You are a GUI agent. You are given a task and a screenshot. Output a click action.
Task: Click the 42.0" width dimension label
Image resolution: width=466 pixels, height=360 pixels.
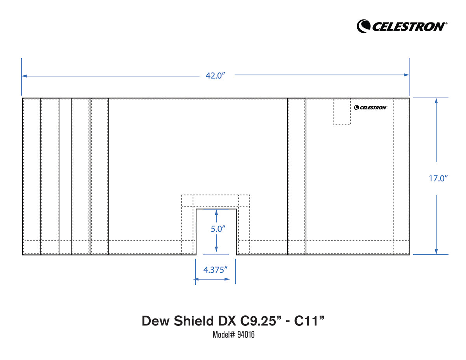click(215, 75)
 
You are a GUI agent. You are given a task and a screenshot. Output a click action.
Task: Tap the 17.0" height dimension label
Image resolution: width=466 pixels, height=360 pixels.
click(438, 179)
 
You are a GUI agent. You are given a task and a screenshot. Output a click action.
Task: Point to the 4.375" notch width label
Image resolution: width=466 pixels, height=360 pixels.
click(216, 270)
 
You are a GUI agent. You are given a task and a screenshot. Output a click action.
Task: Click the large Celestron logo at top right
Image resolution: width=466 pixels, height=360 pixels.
click(402, 26)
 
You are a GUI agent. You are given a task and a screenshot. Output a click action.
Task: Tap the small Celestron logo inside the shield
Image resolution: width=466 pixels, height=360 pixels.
click(370, 108)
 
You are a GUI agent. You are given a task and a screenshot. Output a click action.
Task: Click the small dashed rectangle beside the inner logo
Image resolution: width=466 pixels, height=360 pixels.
click(342, 112)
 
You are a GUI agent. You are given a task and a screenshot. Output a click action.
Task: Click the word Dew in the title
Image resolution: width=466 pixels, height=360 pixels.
click(154, 321)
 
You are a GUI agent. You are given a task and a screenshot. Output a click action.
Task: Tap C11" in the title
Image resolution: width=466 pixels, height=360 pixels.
click(309, 321)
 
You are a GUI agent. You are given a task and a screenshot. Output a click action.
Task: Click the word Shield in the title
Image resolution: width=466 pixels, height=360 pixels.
click(191, 321)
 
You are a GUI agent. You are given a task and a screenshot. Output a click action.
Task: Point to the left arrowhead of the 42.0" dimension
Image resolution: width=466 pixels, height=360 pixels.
click(24, 75)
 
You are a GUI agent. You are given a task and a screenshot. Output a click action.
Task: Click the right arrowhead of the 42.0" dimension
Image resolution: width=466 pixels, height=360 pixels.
click(407, 75)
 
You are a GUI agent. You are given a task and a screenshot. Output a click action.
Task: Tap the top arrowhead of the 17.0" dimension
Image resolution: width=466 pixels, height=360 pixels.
click(436, 100)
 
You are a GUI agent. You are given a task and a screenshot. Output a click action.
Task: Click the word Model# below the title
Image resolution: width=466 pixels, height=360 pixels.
click(222, 335)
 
